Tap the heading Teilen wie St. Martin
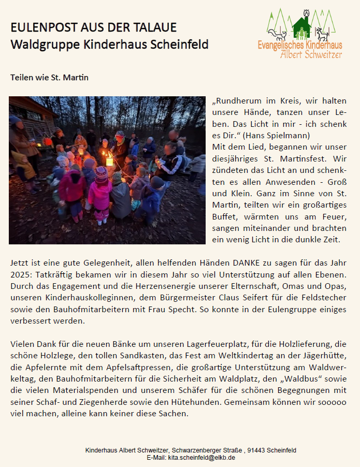49,78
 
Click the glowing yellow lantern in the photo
109,162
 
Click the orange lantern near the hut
48,141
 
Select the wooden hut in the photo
31,116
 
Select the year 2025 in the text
20,274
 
